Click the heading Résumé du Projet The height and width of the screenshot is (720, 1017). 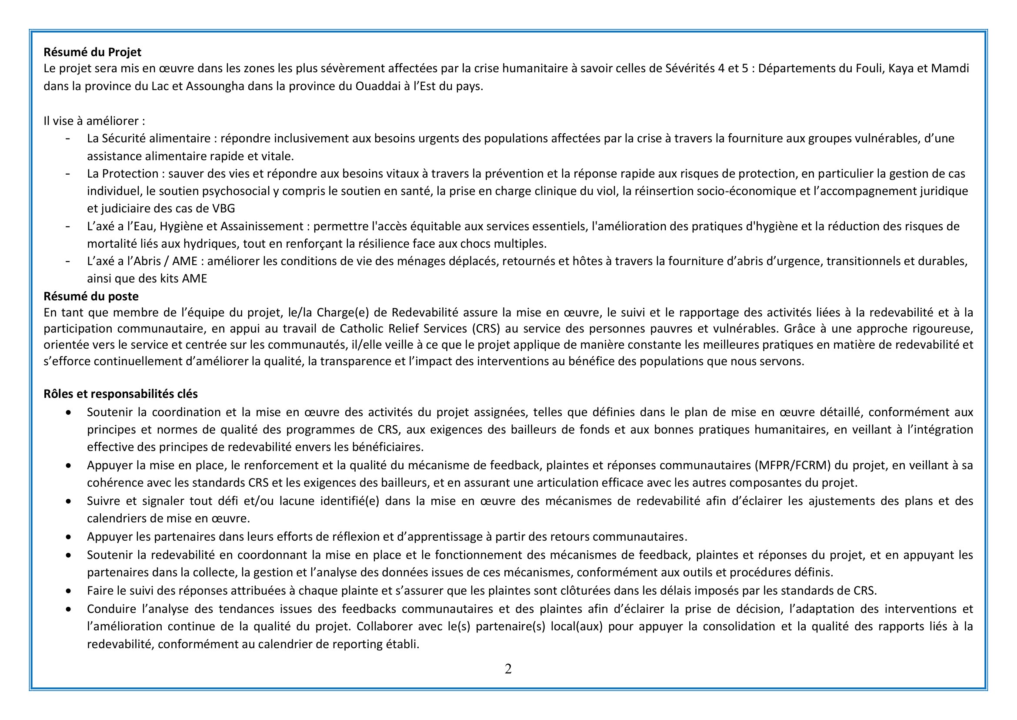pos(92,52)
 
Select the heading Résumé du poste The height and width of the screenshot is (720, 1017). pos(91,296)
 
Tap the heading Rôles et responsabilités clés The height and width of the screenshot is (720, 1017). pos(120,394)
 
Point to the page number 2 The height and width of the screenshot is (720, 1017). pos(508,669)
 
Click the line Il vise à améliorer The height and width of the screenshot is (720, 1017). pos(94,121)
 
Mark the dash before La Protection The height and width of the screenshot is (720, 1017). pos(68,173)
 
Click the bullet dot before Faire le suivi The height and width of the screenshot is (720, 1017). pos(68,591)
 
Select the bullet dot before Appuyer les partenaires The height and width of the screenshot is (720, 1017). pos(68,537)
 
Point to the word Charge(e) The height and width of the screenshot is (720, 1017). pos(342,313)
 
